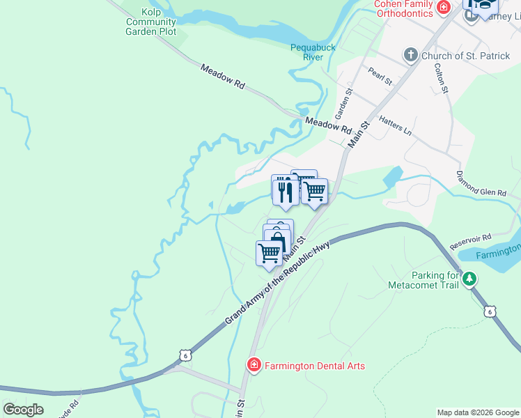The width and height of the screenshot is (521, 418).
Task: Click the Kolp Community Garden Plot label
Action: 151,22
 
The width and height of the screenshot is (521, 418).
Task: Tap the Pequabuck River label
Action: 313,52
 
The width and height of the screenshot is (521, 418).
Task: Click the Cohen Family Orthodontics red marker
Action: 442,7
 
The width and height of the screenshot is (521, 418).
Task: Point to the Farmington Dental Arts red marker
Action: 254,365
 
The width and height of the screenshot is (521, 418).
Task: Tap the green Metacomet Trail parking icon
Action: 470,279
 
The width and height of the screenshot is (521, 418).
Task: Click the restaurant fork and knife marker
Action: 285,190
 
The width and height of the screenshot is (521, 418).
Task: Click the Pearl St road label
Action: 381,76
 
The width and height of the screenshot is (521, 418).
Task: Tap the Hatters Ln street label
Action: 396,126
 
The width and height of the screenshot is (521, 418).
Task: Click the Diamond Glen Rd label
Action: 481,183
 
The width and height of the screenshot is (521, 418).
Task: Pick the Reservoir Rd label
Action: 471,242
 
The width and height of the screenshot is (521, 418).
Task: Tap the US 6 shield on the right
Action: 491,311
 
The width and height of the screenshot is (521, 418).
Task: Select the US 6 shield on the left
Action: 185,355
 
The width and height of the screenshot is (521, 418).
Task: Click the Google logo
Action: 23,410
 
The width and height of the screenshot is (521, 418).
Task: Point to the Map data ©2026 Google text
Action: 478,412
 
